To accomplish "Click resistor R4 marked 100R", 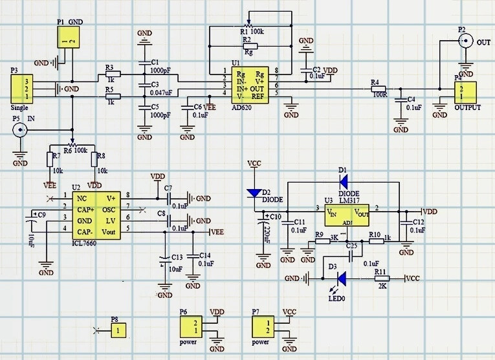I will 375,89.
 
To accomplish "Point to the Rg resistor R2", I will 250,46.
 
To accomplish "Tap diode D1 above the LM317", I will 343,181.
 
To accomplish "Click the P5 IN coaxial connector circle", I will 21,131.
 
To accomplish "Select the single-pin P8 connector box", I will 117,330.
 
